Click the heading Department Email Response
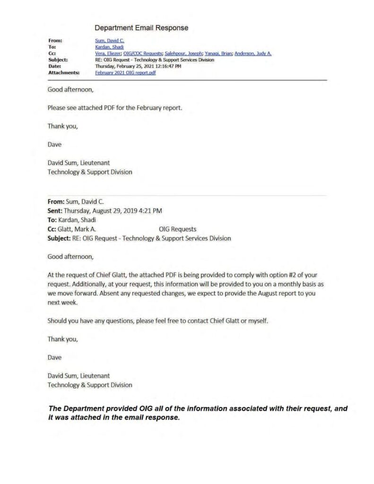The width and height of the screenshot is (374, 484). (141, 28)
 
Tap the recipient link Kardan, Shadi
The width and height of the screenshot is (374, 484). (109, 47)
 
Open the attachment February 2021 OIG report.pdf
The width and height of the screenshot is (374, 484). (125, 73)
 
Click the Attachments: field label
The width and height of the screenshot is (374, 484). (64, 73)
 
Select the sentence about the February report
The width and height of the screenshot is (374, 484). (115, 108)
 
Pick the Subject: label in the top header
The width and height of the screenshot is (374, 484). (58, 60)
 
